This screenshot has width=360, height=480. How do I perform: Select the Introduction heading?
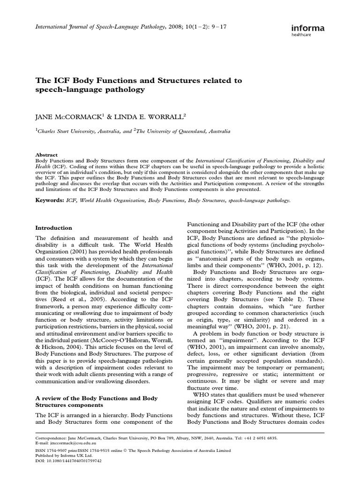tap(54, 228)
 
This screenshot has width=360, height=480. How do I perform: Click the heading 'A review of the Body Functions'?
tap(97, 398)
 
